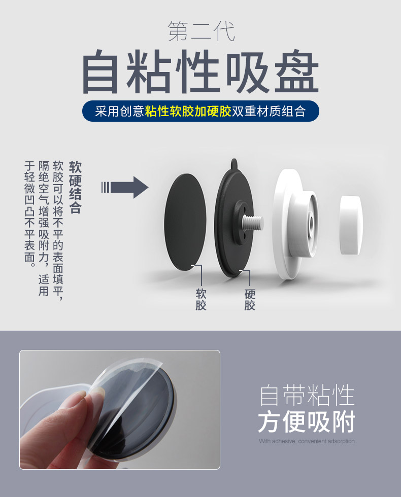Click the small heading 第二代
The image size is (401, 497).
pyautogui.click(x=201, y=31)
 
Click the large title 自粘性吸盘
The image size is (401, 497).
pyautogui.click(x=201, y=72)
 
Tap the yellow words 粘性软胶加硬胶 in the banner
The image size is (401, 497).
pyautogui.click(x=188, y=111)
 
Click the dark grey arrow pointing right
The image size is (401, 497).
pyautogui.click(x=125, y=187)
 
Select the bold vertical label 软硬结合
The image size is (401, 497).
pyautogui.click(x=76, y=187)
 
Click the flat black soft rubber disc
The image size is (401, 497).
pyautogui.click(x=185, y=222)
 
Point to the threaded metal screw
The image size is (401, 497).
pyautogui.click(x=253, y=222)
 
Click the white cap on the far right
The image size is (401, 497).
pyautogui.click(x=351, y=225)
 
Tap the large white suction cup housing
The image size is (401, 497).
pyautogui.click(x=295, y=224)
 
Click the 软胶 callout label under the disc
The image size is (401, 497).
pyautogui.click(x=201, y=299)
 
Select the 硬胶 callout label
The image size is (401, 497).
pyautogui.click(x=250, y=299)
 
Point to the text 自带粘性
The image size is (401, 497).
pyautogui.click(x=307, y=395)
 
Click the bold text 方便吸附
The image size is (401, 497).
pyautogui.click(x=307, y=422)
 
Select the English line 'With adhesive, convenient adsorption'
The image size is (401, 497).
pyautogui.click(x=307, y=441)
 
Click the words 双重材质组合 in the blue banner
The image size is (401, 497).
pyautogui.click(x=269, y=111)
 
